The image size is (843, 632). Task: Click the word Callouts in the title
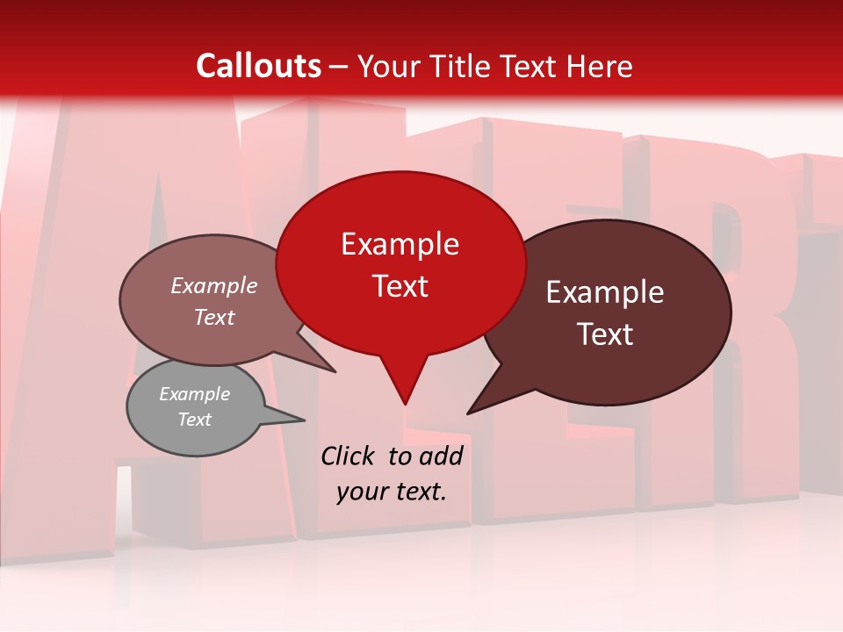(x=259, y=66)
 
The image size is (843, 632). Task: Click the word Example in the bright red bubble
(x=400, y=244)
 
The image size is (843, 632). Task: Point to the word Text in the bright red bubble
(x=400, y=286)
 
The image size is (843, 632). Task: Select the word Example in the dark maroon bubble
(x=605, y=292)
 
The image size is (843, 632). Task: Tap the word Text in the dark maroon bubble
(x=605, y=334)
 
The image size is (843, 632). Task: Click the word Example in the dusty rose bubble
(x=214, y=285)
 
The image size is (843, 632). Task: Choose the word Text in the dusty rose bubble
(x=214, y=317)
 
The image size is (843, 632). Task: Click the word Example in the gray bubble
(x=195, y=394)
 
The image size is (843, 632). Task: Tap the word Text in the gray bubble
(x=195, y=420)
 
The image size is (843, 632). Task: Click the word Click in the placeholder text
(x=349, y=456)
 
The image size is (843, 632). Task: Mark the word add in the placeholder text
(x=441, y=456)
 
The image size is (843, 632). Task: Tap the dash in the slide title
(x=340, y=67)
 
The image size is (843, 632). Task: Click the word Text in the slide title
(x=534, y=66)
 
